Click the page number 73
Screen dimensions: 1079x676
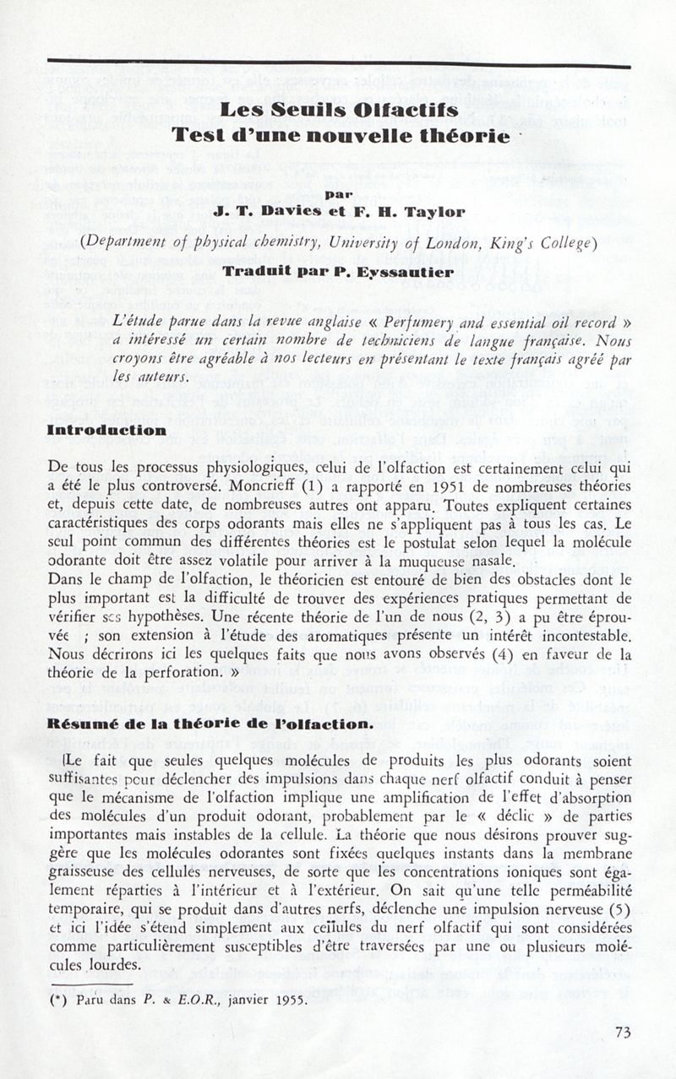[x=623, y=1031]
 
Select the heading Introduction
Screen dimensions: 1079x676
[x=106, y=430]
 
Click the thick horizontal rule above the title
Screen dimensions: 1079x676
[x=339, y=63]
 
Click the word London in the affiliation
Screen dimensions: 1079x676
[x=451, y=244]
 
